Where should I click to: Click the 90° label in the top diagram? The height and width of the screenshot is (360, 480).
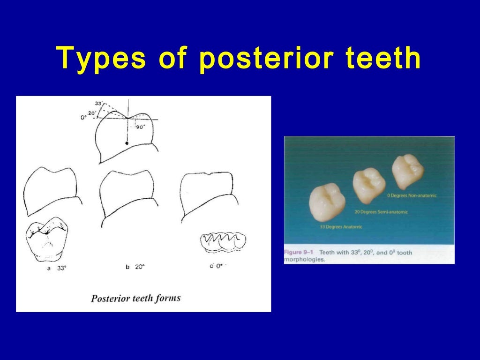coord(140,127)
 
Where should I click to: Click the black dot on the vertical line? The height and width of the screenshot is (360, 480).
coord(127,142)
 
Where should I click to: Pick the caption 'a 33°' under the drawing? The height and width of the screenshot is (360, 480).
coord(56,269)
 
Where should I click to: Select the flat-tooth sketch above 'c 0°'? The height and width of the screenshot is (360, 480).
coord(223,241)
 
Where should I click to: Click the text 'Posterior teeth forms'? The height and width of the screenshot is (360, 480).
coord(135,298)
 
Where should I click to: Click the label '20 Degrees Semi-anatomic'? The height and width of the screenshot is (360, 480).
coord(381,212)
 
